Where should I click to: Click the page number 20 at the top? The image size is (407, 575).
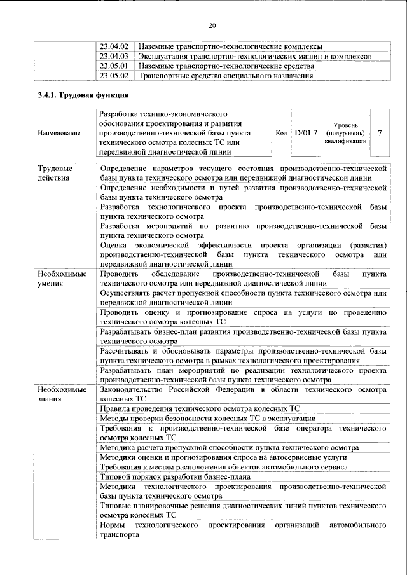[x=212, y=26]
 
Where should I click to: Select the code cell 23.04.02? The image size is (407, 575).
[x=114, y=46]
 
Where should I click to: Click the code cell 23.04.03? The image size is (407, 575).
[x=114, y=56]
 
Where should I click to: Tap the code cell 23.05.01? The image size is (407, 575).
[x=114, y=66]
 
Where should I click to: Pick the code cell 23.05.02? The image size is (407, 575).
[x=114, y=76]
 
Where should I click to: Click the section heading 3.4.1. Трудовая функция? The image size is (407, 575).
[x=83, y=95]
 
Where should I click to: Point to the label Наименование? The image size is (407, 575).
[x=59, y=133]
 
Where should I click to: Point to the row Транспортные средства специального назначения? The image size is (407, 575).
[x=226, y=76]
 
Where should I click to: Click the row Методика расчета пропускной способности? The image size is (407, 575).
[x=230, y=448]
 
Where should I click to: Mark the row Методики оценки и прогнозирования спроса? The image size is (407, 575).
[x=223, y=457]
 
